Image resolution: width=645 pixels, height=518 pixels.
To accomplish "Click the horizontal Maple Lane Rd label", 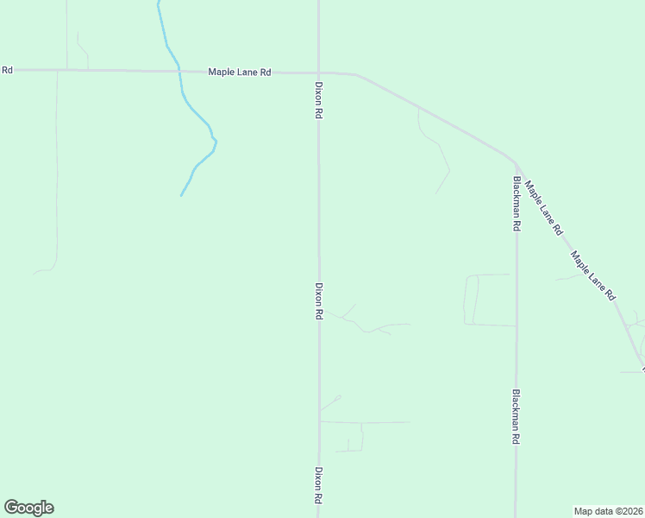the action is click(240, 73).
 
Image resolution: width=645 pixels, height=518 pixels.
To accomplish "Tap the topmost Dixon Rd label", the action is click(318, 100).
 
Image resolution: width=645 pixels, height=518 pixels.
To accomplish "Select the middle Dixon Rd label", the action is click(318, 301).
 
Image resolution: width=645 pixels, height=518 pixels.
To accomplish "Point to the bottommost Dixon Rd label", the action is click(318, 486).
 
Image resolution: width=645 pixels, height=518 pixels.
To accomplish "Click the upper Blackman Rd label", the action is click(516, 203).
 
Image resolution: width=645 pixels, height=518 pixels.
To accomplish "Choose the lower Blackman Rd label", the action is click(516, 416).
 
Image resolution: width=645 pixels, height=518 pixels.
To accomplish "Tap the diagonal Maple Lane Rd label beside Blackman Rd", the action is click(544, 208).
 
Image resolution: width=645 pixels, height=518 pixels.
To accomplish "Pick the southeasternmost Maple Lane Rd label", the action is click(592, 275).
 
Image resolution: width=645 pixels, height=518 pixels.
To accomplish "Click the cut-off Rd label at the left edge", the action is click(6, 70).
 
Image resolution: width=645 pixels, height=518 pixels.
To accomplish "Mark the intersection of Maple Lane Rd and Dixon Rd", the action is click(318, 73).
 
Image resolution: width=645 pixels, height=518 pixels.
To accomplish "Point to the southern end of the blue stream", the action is click(181, 195).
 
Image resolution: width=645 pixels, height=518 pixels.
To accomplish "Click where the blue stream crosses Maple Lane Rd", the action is click(178, 71).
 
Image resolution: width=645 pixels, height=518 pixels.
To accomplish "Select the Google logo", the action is click(28, 508).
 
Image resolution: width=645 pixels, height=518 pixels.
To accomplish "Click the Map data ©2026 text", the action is click(609, 510).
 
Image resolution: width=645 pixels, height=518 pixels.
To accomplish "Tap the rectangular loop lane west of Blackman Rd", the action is click(470, 300).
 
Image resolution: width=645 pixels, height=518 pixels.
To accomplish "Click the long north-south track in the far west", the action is click(57, 173).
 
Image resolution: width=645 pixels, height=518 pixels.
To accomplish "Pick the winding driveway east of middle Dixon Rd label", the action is click(366, 328).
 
